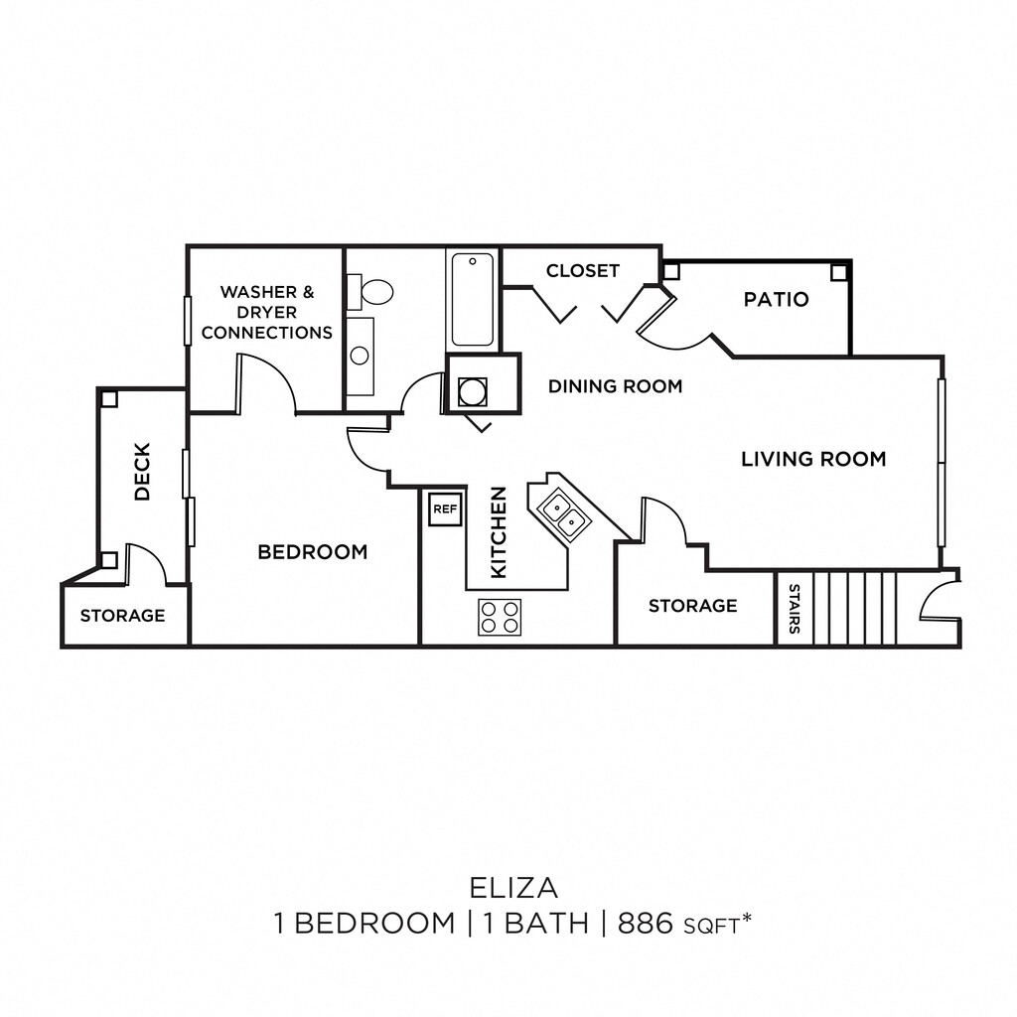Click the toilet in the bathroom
(370, 292)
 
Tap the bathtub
(472, 299)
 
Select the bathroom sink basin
(360, 356)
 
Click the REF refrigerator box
(445, 509)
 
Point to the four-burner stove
(500, 617)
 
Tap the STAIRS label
(795, 609)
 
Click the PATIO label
(777, 299)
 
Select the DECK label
(142, 471)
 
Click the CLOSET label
(582, 270)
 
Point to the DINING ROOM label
(616, 386)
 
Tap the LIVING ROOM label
(813, 459)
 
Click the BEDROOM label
(313, 552)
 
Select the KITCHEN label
(499, 532)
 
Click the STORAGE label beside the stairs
(692, 606)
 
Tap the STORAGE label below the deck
(122, 616)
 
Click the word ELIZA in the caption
(513, 888)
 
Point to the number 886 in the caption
(646, 923)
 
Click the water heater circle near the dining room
(472, 391)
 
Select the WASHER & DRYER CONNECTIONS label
(266, 312)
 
